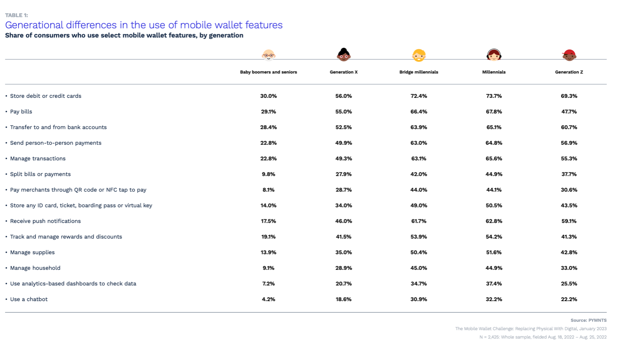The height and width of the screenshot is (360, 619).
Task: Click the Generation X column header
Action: [343, 72]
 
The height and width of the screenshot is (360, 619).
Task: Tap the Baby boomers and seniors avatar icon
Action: [268, 55]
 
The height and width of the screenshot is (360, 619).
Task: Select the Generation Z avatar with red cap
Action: [569, 55]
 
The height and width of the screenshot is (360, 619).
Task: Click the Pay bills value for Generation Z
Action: [569, 112]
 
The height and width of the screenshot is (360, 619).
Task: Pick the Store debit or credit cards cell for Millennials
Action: [493, 96]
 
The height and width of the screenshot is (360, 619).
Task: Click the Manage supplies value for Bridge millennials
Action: [419, 253]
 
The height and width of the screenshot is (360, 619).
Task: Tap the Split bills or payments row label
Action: [40, 174]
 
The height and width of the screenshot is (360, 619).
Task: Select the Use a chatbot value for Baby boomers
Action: [268, 299]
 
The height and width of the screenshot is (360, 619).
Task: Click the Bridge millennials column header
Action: [419, 72]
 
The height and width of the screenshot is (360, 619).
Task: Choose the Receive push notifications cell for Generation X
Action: [343, 221]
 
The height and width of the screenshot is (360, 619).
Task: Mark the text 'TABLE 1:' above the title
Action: [16, 15]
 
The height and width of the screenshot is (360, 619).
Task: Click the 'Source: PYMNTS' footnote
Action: [588, 320]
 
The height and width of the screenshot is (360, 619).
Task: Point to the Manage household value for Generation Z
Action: [569, 268]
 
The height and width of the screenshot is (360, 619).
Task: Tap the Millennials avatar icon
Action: [493, 55]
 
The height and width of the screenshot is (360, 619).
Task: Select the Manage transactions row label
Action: [38, 159]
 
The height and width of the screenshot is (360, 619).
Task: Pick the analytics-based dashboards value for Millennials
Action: [493, 284]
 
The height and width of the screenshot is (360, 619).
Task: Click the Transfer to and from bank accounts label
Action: [58, 127]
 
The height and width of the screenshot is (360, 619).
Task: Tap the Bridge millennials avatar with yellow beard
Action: [419, 55]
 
